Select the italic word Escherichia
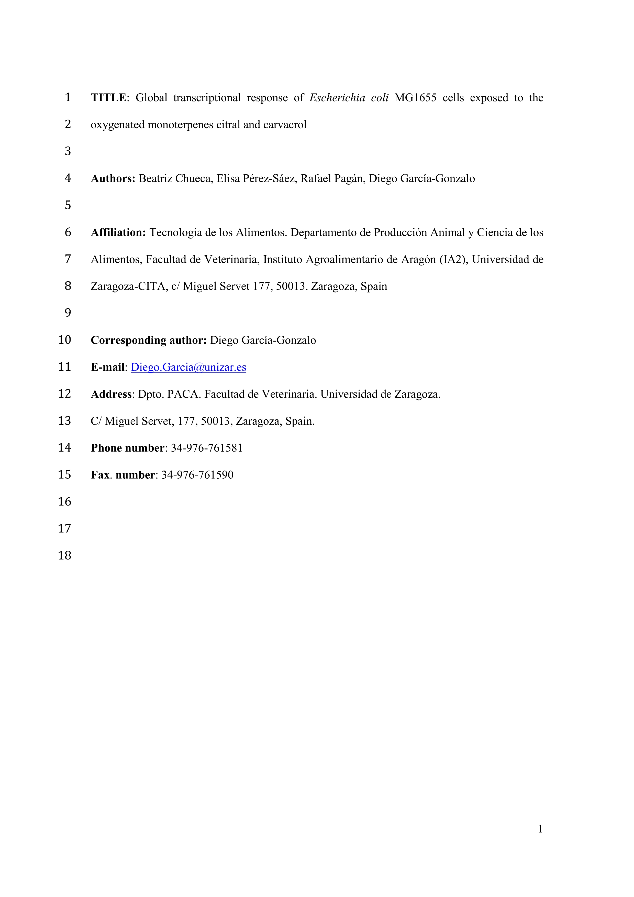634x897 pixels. [x=337, y=98]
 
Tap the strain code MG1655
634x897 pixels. [x=415, y=98]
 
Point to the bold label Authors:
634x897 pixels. [x=113, y=178]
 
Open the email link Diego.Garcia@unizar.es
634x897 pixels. [x=188, y=367]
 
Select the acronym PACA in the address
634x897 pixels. [x=184, y=394]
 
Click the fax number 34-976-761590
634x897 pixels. [x=197, y=475]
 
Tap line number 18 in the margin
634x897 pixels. [x=64, y=556]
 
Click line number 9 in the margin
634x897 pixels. [x=68, y=313]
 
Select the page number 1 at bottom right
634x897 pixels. [x=540, y=829]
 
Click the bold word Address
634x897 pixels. [x=111, y=394]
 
